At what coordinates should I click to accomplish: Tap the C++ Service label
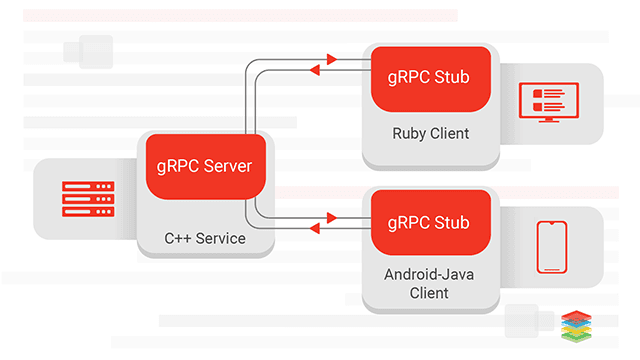[x=205, y=239]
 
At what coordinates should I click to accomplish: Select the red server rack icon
[x=88, y=199]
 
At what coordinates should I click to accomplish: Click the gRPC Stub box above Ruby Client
[x=431, y=77]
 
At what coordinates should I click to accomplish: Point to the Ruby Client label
[x=431, y=133]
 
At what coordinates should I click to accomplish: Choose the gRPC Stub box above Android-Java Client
[x=431, y=221]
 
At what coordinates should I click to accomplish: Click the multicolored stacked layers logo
[x=577, y=326]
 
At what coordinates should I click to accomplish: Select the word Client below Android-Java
[x=431, y=293]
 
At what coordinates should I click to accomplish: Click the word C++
[x=176, y=239]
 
